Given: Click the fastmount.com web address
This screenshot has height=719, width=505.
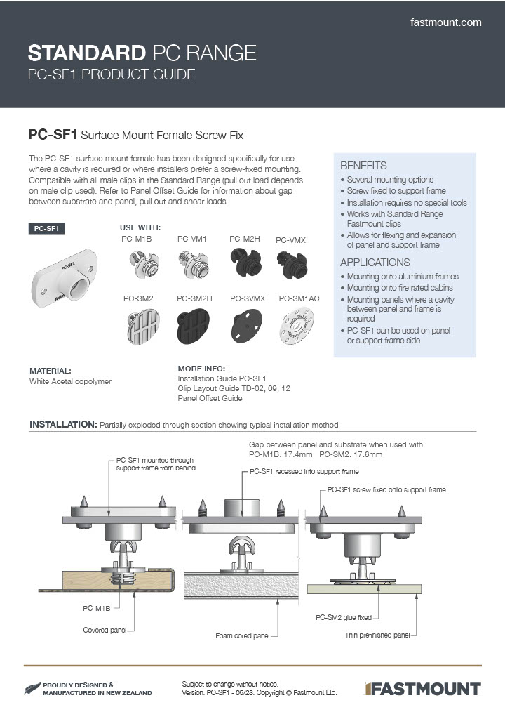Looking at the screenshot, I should click(445, 22).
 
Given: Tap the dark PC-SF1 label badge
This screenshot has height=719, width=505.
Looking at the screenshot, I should click(46, 228).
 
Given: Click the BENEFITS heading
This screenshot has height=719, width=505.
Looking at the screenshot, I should click(363, 166).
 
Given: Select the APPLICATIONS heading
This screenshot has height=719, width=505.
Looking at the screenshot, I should click(375, 262).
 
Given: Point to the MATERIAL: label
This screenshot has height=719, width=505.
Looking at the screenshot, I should click(50, 370).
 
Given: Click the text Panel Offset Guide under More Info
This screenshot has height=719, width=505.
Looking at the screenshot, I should click(210, 398).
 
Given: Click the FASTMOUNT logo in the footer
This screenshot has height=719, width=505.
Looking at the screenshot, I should click(423, 688).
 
